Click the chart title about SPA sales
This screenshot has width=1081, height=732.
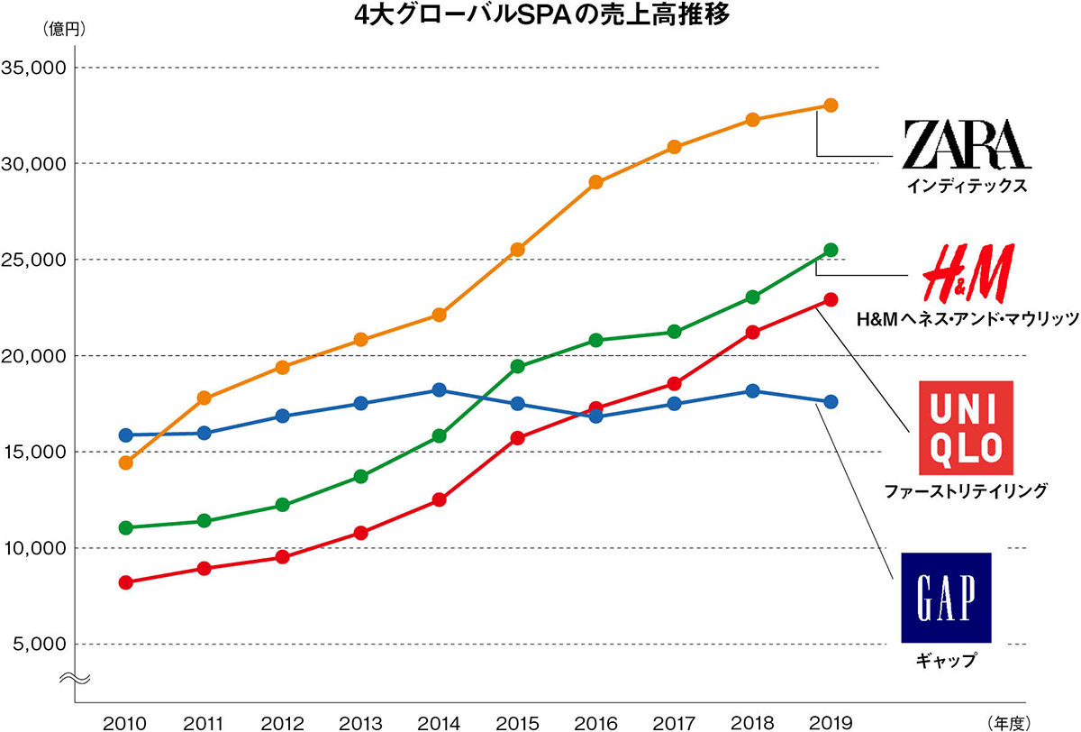[540, 15]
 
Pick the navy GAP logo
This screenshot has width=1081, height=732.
[946, 598]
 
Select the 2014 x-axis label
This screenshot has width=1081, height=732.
[439, 721]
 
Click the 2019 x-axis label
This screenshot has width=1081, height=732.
[831, 721]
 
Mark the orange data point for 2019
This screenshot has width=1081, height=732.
[831, 105]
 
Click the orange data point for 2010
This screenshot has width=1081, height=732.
[126, 462]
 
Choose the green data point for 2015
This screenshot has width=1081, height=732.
[518, 366]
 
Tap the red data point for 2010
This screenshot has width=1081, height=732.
[126, 582]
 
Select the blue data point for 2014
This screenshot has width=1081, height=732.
[440, 389]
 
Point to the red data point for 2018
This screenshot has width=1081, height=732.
[753, 332]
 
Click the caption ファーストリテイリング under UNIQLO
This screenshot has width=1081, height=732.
[965, 491]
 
